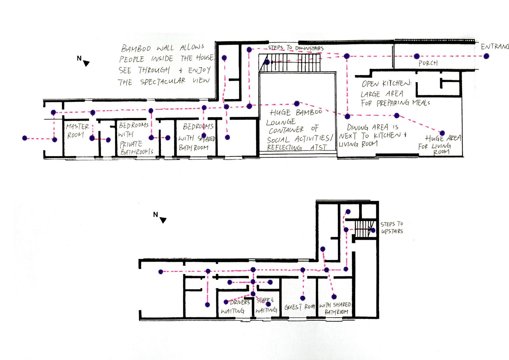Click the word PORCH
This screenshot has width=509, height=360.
tap(428, 63)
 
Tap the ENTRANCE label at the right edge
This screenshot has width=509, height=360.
tap(495, 47)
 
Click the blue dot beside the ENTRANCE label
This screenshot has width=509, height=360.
tap(486, 56)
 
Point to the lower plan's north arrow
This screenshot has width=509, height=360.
tap(163, 220)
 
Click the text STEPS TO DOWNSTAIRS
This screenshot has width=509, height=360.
tap(296, 48)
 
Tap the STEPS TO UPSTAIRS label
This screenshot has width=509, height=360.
tap(392, 228)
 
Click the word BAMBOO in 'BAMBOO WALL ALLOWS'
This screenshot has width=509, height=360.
tap(136, 49)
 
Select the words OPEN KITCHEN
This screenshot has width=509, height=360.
tap(386, 84)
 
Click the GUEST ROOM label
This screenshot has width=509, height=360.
tap(299, 307)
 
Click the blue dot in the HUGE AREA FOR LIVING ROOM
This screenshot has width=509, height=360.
tap(442, 133)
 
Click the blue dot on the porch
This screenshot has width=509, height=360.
tap(416, 56)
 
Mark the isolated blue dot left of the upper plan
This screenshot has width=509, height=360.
tap(25, 138)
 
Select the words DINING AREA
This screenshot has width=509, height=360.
tap(367, 127)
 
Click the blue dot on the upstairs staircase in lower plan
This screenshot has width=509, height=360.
tap(373, 230)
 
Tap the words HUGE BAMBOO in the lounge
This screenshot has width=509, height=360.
tap(296, 113)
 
